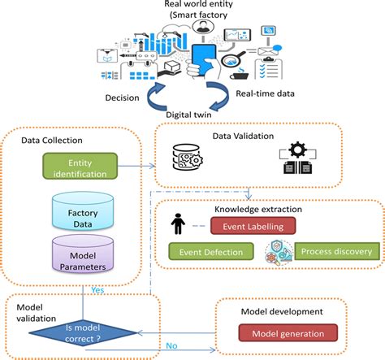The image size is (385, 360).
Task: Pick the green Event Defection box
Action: pyautogui.click(x=206, y=252)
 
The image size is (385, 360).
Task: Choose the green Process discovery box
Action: pyautogui.click(x=336, y=252)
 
